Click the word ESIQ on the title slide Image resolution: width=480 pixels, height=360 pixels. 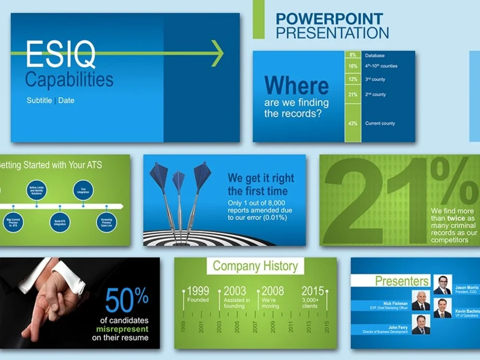click(x=60, y=54)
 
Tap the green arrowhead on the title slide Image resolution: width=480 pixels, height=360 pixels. click(x=218, y=53)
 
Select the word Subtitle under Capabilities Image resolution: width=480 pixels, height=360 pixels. click(x=39, y=101)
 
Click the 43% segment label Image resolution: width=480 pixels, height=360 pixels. click(x=353, y=123)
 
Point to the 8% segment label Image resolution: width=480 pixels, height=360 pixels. click(x=353, y=55)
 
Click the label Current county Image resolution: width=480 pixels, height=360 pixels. click(x=380, y=123)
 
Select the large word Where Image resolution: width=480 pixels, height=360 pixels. click(x=296, y=85)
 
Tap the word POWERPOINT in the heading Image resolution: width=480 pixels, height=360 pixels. click(x=329, y=19)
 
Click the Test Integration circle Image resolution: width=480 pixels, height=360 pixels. click(x=83, y=190)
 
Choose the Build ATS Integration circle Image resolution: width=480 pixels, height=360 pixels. click(x=60, y=222)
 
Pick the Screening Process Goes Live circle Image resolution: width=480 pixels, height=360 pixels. click(x=106, y=222)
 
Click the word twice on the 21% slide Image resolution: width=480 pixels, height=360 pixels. click(x=456, y=218)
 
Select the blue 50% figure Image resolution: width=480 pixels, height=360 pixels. click(x=127, y=300)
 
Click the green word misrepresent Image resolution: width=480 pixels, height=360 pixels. click(x=122, y=329)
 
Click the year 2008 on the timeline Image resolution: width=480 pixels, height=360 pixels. click(x=272, y=291)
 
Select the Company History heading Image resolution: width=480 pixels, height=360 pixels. click(x=255, y=266)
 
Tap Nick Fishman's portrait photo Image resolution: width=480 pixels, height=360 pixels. click(x=421, y=301)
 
